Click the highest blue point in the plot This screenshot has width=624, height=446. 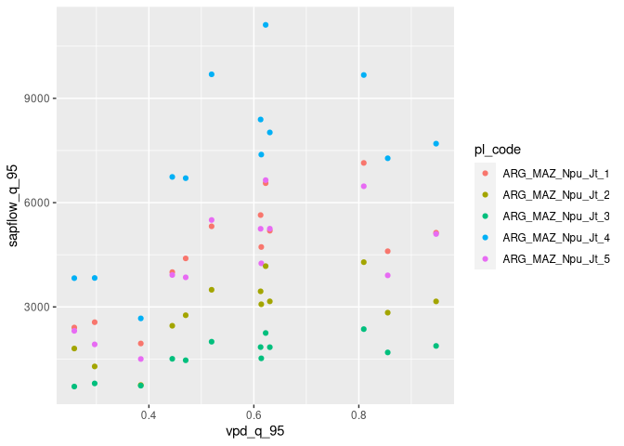coord(266,25)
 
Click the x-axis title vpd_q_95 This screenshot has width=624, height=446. coord(254,433)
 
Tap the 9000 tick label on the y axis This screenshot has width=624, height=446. coord(36,98)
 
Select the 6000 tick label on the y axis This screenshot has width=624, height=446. coord(36,203)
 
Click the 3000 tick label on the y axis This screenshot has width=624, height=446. coord(36,307)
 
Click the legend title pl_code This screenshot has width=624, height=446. coord(497,150)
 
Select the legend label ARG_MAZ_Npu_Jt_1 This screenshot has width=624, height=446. coord(555,174)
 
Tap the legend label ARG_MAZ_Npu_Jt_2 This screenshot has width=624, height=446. coord(555,195)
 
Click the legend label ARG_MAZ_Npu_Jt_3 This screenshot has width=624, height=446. coord(555,216)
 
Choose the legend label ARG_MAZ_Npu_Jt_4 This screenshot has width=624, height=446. coord(555,238)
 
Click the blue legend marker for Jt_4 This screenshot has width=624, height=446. coord(485,238)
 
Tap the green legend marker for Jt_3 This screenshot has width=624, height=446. coord(485,216)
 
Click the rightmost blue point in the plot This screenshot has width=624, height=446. coord(435,144)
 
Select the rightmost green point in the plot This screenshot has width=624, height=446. coord(435,346)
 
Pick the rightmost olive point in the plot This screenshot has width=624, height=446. coord(435,302)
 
